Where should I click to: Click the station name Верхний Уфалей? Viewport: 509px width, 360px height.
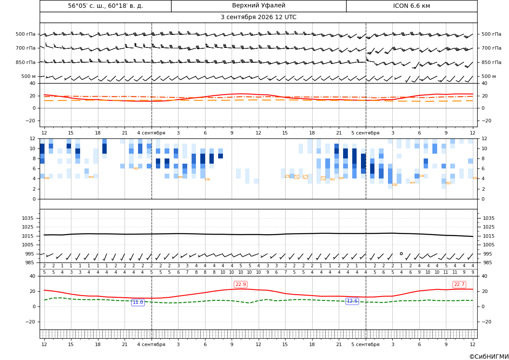pyautogui.click(x=259, y=6)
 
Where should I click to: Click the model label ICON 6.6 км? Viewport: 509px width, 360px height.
pyautogui.click(x=411, y=6)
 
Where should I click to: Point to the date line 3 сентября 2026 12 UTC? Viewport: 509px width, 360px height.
pyautogui.click(x=258, y=17)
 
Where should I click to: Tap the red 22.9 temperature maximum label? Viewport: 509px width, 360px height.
pyautogui.click(x=240, y=284)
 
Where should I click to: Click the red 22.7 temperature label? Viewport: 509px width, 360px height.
pyautogui.click(x=459, y=284)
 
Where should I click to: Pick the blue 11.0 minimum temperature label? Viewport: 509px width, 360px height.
pyautogui.click(x=138, y=302)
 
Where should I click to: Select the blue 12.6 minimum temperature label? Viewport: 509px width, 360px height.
pyautogui.click(x=352, y=301)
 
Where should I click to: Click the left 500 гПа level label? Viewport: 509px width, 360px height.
pyautogui.click(x=26, y=34)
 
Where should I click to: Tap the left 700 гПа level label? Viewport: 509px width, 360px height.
pyautogui.click(x=26, y=48)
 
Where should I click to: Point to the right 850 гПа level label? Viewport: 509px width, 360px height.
pyautogui.click(x=491, y=62)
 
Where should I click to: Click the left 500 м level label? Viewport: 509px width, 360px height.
pyautogui.click(x=29, y=76)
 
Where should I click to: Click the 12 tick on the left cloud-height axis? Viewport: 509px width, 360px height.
pyautogui.click(x=33, y=138)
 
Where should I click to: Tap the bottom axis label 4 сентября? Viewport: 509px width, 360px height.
pyautogui.click(x=151, y=344)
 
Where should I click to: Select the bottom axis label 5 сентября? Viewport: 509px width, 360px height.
pyautogui.click(x=365, y=344)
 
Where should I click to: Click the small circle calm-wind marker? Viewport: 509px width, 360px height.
pyautogui.click(x=401, y=253)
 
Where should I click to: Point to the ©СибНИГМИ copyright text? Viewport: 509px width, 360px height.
pyautogui.click(x=489, y=357)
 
